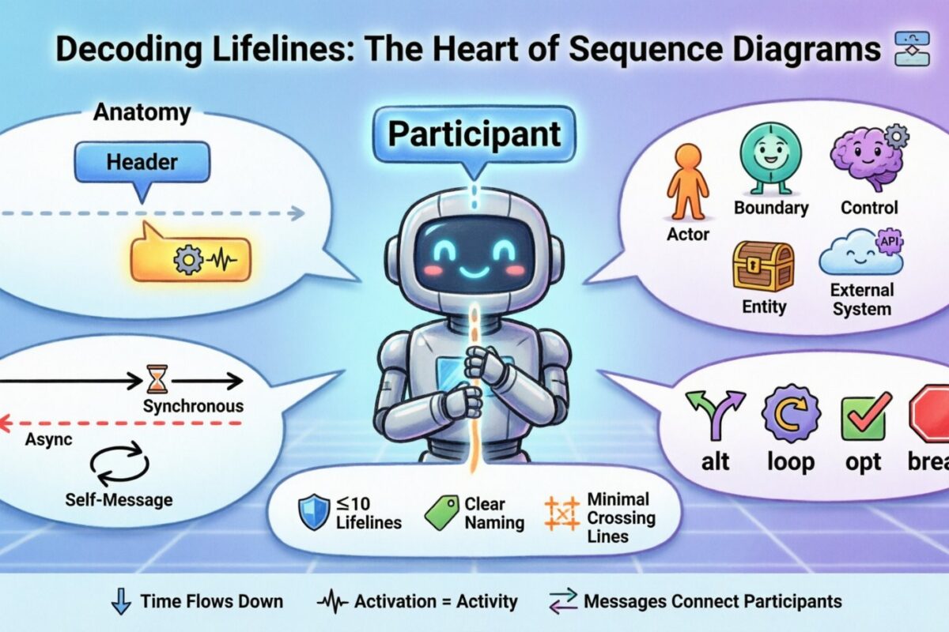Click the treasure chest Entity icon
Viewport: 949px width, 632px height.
(762, 266)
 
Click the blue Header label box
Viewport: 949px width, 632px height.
(142, 163)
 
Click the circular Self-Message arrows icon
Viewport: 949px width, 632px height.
(119, 463)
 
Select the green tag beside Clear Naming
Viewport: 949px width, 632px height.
(441, 513)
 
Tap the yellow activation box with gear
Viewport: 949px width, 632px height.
(191, 258)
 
